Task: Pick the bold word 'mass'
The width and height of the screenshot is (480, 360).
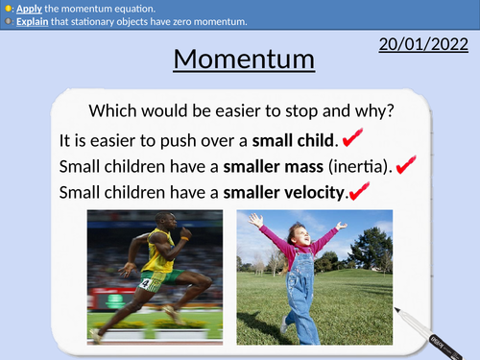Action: pos(285,166)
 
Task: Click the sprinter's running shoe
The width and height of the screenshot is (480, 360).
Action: pos(96,334)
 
